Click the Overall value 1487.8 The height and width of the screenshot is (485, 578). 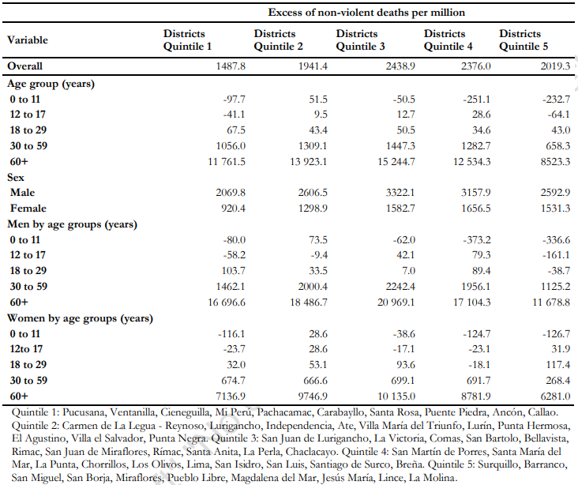[231, 66]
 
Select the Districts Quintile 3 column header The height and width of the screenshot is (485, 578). [360, 39]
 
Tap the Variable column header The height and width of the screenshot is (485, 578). [28, 39]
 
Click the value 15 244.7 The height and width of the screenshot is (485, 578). [396, 162]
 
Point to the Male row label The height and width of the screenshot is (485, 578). [22, 193]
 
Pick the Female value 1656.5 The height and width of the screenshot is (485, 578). [475, 209]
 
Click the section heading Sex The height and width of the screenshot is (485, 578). [16, 178]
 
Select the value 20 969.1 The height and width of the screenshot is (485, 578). [396, 303]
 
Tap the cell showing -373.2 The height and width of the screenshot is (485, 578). [477, 240]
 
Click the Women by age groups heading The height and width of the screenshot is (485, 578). [80, 318]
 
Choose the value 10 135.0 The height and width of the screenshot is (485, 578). [396, 396]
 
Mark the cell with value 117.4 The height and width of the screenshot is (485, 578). [557, 365]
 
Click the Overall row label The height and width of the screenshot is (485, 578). [24, 66]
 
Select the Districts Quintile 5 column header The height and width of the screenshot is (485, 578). [524, 39]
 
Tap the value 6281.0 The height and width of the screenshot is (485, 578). [555, 396]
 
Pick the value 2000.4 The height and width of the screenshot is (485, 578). [312, 287]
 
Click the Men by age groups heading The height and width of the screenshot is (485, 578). [73, 224]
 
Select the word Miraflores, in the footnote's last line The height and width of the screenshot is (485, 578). [138, 478]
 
